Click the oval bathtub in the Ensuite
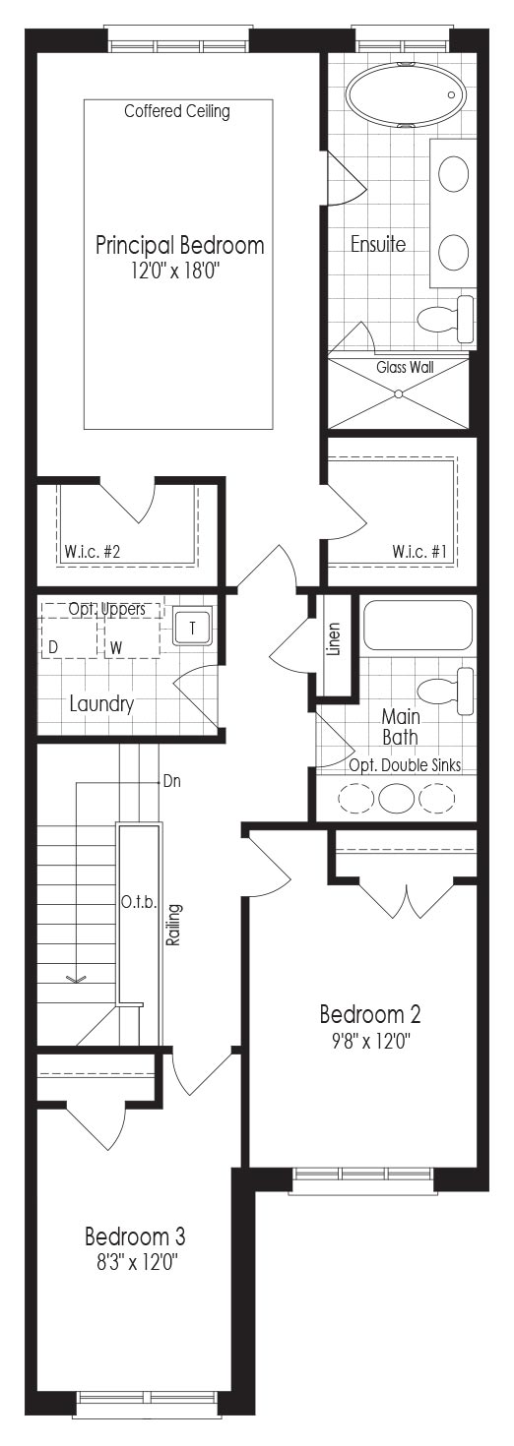coord(406,95)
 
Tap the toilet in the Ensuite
coord(445,319)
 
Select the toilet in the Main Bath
coord(445,691)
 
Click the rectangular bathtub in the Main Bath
coord(418,625)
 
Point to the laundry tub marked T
coord(193,627)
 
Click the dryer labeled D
coord(70,637)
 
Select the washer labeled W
coord(133,637)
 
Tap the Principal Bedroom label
coord(180,245)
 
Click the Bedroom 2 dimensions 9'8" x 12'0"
coord(370,1041)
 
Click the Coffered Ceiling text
coord(177,111)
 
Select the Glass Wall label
coord(406,367)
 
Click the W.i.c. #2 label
coord(93,552)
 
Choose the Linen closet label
coord(334,639)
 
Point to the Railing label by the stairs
coord(173,925)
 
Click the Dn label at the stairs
coord(172,782)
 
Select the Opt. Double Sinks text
coord(406,765)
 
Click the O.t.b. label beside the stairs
coord(139,902)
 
